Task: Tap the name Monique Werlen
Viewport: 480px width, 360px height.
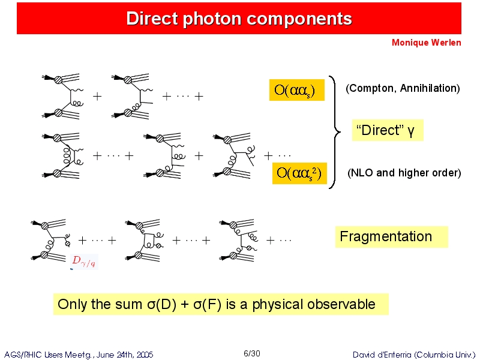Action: pos(427,43)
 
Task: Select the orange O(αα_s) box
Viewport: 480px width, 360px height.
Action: pos(296,90)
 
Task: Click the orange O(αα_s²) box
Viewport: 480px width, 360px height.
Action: pos(299,173)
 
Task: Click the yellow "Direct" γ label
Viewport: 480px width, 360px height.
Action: pos(388,130)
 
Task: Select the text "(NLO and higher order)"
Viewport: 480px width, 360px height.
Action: pos(404,173)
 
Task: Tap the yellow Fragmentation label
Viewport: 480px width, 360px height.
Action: pos(392,236)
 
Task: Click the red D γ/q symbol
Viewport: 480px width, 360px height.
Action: pos(84,261)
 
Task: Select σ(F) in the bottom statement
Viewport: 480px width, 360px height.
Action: pos(207,304)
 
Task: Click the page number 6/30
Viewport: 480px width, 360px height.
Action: pos(252,354)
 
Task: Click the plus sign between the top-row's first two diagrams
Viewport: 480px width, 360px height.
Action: pos(97,97)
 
